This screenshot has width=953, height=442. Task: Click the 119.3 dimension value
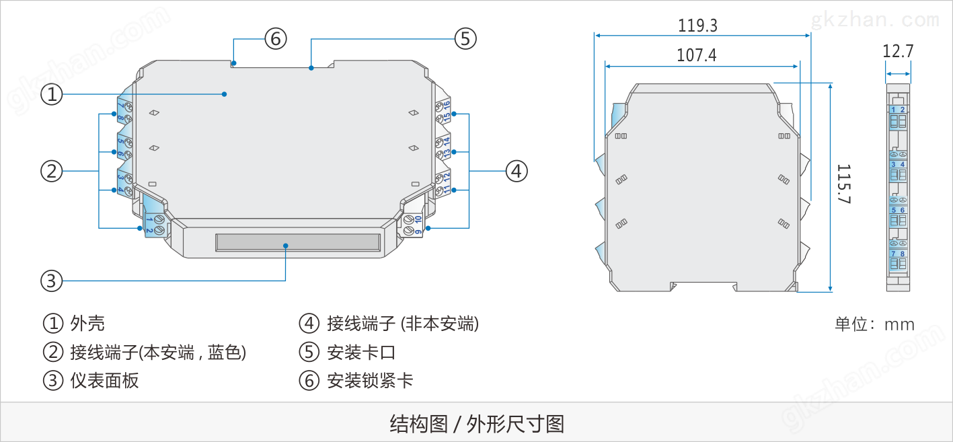(x=697, y=26)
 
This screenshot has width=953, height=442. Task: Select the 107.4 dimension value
(x=696, y=55)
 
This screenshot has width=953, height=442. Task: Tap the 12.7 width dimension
(x=898, y=51)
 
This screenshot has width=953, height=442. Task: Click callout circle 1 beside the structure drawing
(x=52, y=94)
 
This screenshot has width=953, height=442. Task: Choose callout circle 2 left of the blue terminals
(x=52, y=171)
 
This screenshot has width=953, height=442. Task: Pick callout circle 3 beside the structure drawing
(x=52, y=280)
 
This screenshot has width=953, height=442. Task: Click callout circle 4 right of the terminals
(x=516, y=171)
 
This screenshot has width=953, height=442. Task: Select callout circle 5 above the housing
(x=465, y=38)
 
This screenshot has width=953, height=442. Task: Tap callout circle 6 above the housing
(x=274, y=38)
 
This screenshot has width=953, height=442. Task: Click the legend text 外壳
(x=87, y=324)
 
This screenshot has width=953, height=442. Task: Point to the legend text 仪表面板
(x=104, y=381)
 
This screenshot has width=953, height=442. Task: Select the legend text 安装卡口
(x=361, y=352)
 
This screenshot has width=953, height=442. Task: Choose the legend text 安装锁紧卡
(x=370, y=381)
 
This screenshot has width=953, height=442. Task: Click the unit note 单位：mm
(x=874, y=324)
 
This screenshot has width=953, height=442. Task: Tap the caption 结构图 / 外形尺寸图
(x=476, y=424)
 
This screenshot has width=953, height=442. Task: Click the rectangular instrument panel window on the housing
(x=298, y=243)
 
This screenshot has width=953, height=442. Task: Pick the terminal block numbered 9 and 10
(x=413, y=225)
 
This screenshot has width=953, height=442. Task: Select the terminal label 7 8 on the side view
(x=897, y=254)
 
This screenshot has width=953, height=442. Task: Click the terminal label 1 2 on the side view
(x=897, y=110)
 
